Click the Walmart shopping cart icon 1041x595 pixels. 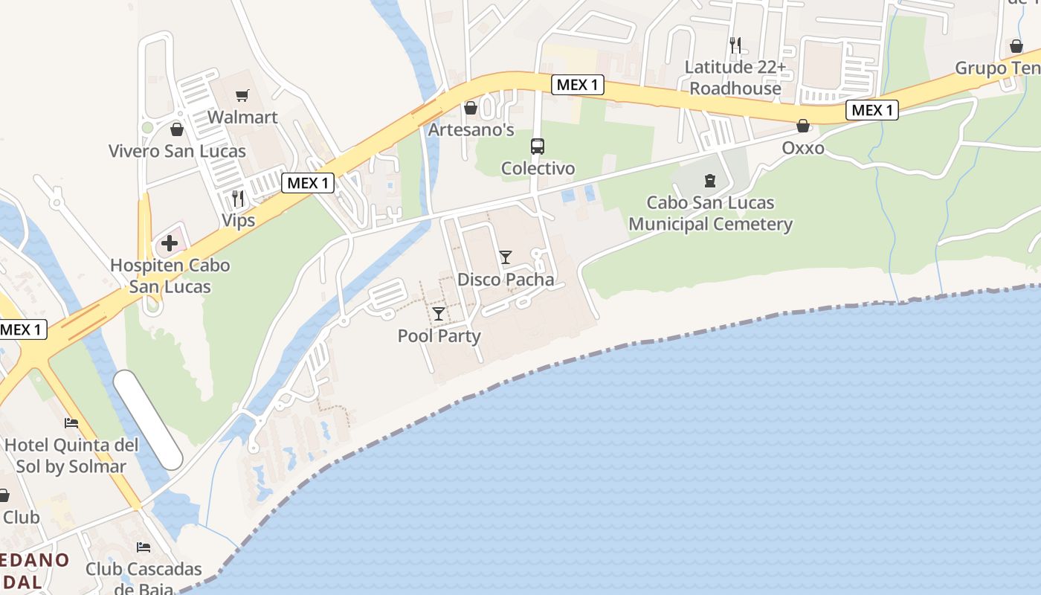242,95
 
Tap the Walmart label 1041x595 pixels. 242,117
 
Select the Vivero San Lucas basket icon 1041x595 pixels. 176,129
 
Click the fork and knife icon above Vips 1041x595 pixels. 238,198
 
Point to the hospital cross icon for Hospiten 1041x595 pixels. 170,242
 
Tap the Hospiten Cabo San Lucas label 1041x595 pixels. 170,276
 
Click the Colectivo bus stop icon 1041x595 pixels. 537,147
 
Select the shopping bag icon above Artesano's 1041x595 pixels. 470,109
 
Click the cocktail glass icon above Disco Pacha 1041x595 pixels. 506,257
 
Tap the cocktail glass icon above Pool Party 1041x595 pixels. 439,313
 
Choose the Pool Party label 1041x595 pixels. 439,335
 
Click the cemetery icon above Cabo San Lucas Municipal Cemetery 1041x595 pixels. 710,180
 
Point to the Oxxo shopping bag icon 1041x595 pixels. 802,126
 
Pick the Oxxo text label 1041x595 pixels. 802,148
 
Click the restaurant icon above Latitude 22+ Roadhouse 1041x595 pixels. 735,45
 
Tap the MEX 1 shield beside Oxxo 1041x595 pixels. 871,111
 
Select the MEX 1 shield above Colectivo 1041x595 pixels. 577,85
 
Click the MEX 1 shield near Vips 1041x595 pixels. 307,183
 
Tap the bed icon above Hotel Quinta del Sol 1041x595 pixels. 71,422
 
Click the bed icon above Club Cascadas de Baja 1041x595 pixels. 144,547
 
